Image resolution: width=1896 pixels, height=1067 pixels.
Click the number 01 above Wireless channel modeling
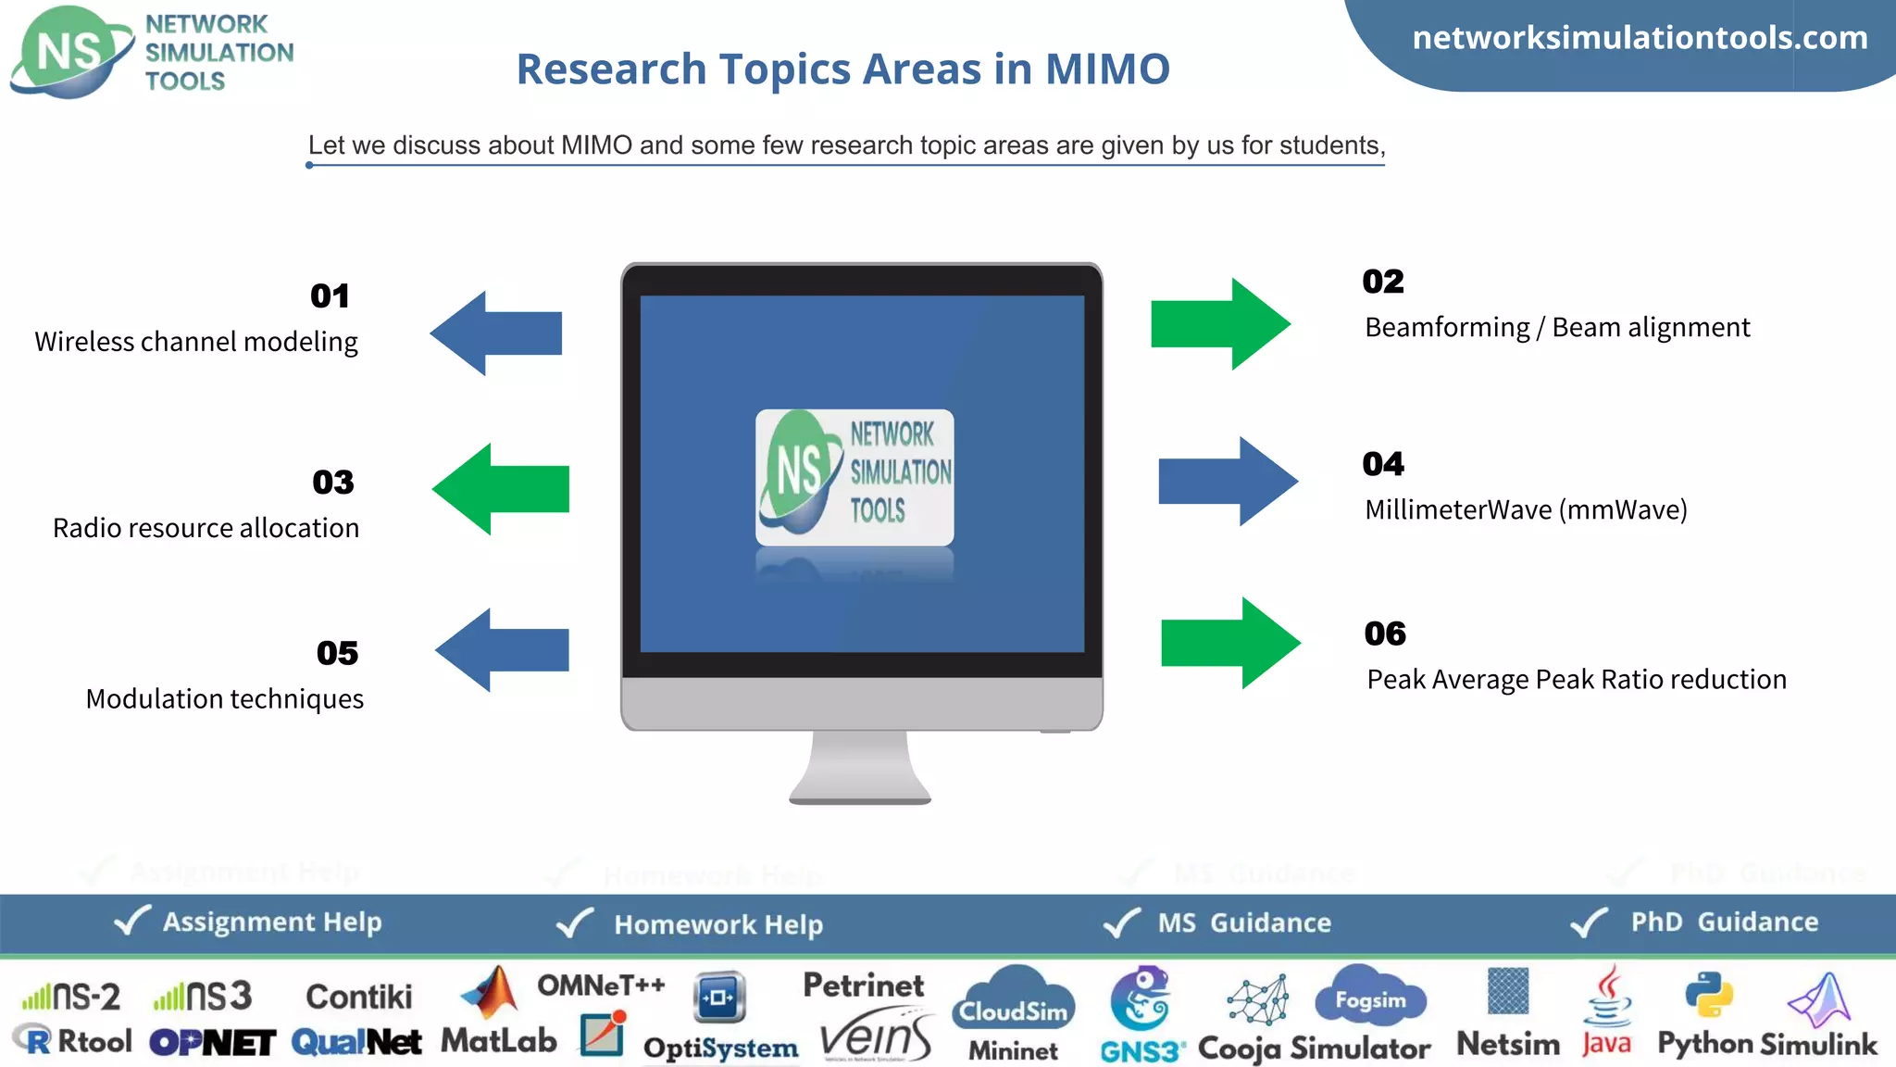[330, 296]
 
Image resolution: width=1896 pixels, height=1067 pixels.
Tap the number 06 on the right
[1385, 634]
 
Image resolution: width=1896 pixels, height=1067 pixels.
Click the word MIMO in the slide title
[1107, 69]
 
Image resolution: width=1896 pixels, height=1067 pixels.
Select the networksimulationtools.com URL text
[1640, 38]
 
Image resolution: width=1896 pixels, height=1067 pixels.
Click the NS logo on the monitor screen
[854, 477]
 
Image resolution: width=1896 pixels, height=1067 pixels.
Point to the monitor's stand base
[860, 795]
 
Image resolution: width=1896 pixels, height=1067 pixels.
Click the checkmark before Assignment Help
[131, 921]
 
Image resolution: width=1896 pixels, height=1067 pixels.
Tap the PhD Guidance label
[1724, 923]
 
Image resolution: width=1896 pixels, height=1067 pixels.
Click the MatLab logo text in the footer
[498, 1041]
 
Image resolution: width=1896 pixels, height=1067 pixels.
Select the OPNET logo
[213, 1043]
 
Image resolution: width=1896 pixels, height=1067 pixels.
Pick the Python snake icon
[1708, 995]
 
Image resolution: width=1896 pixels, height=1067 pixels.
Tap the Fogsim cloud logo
[1370, 998]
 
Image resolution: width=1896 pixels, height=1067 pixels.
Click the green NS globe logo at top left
[70, 52]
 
